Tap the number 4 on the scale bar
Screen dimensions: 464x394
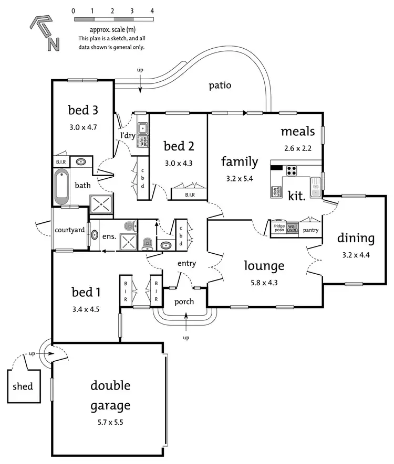(152, 10)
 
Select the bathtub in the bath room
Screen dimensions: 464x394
(61, 187)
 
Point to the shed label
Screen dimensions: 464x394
(23, 386)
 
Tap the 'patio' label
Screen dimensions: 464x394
(220, 85)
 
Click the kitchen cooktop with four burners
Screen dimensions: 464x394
(291, 170)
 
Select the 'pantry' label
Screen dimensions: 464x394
(311, 229)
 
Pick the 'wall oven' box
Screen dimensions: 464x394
(292, 228)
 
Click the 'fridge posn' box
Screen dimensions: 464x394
(279, 228)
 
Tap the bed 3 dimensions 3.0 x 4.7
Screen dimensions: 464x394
(83, 127)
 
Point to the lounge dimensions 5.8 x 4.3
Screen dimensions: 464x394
(264, 282)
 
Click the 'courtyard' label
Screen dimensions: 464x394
(70, 230)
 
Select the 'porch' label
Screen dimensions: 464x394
(184, 301)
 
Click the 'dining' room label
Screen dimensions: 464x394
(356, 239)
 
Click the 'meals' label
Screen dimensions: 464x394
(297, 131)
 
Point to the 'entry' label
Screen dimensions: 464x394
(186, 264)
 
